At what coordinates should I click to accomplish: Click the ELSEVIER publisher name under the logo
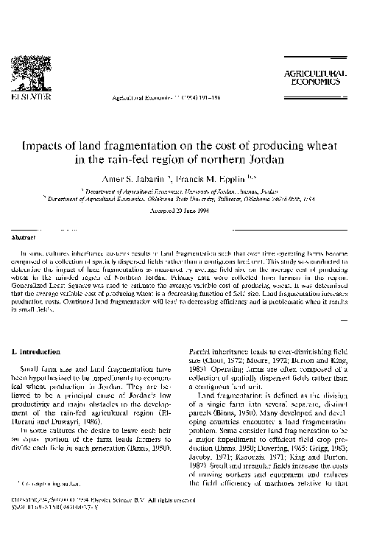click(29, 96)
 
